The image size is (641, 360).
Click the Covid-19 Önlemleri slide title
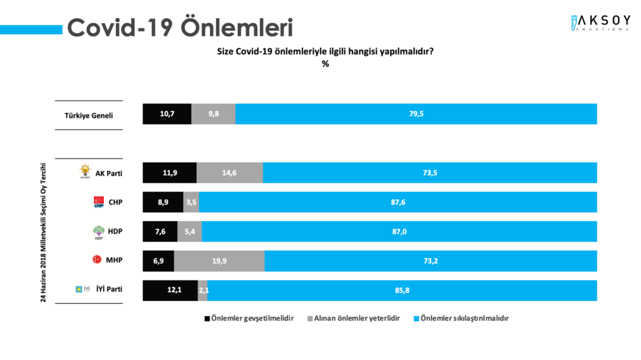[180, 28]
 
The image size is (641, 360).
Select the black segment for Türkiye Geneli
[167, 114]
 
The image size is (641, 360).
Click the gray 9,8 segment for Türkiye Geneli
[213, 114]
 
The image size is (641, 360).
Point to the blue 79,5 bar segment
[416, 114]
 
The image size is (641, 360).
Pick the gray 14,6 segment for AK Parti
[230, 173]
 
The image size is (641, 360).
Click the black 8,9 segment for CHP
[163, 202]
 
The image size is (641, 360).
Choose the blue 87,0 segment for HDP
[399, 232]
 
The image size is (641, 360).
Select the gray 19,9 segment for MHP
[219, 261]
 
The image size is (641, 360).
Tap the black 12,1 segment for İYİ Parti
[170, 291]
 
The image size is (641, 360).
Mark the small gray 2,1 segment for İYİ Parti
[203, 291]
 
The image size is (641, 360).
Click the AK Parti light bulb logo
[85, 171]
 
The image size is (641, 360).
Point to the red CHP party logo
[99, 202]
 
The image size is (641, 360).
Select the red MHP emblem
[98, 259]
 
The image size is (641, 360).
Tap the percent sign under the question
[325, 64]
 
